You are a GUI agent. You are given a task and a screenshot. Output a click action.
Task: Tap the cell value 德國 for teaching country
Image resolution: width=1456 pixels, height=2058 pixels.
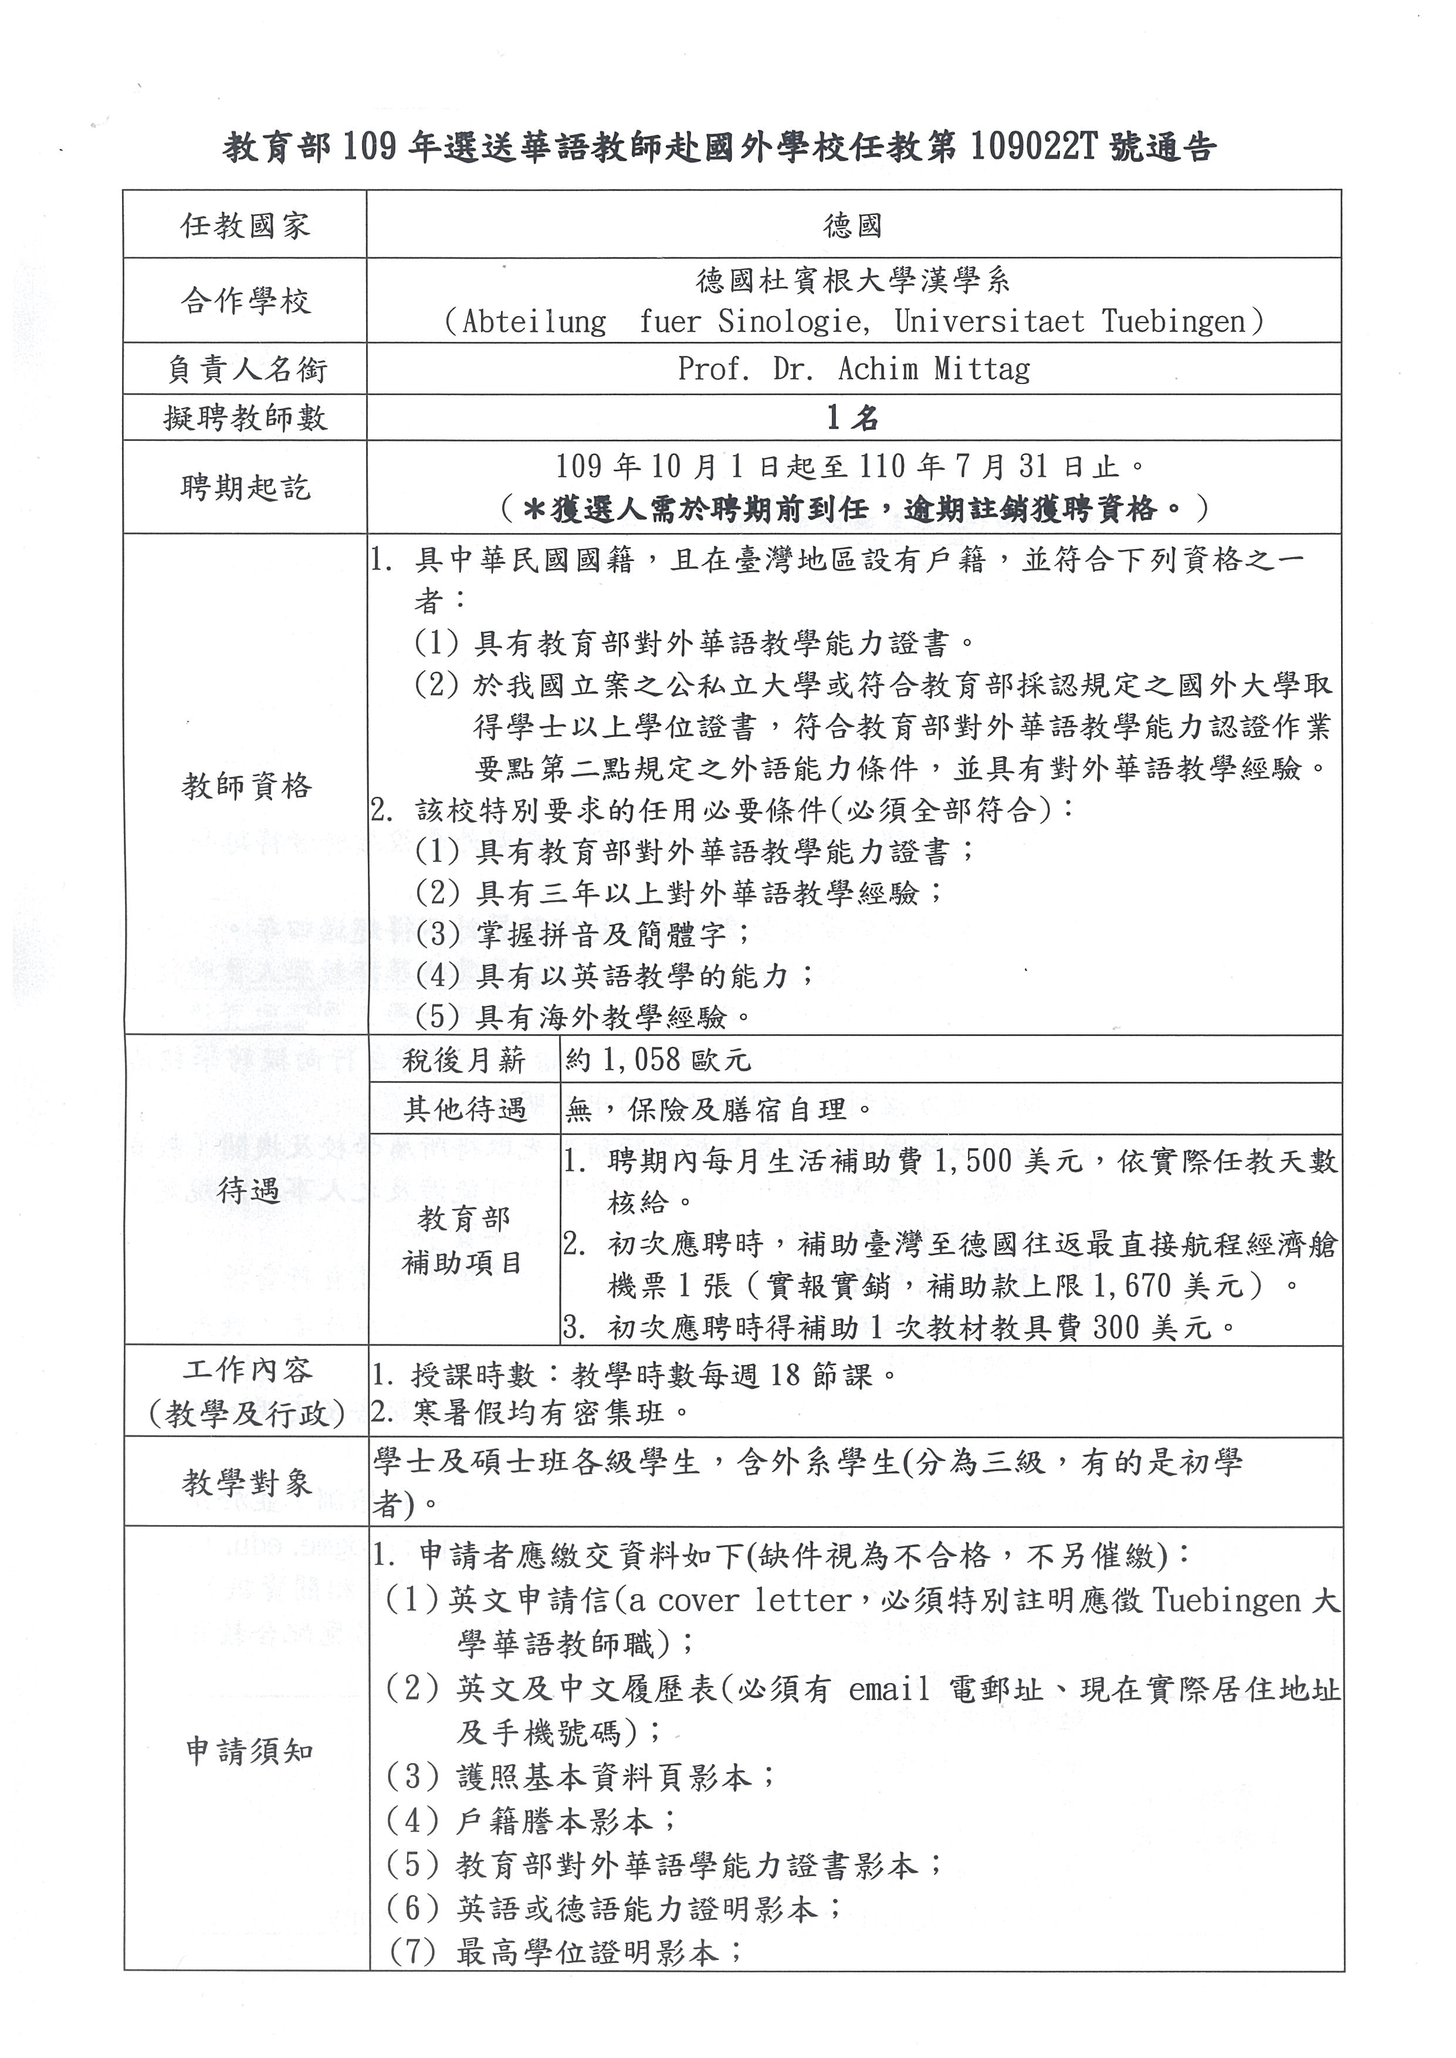(852, 225)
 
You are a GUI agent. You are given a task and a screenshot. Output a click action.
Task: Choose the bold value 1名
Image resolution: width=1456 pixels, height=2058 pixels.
(852, 417)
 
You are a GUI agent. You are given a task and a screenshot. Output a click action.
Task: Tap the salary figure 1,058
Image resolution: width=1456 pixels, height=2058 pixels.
(641, 1061)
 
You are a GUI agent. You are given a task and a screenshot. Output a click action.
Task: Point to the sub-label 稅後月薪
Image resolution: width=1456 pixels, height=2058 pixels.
(463, 1061)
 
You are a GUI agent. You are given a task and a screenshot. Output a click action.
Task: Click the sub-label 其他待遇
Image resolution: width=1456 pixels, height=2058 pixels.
(463, 1110)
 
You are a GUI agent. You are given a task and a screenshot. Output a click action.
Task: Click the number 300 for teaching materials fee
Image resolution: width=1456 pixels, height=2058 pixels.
(1116, 1327)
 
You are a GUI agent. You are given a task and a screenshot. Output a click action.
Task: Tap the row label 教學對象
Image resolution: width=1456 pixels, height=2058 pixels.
(246, 1483)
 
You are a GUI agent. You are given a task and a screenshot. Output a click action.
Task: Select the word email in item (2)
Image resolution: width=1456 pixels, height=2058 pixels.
(889, 1690)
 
